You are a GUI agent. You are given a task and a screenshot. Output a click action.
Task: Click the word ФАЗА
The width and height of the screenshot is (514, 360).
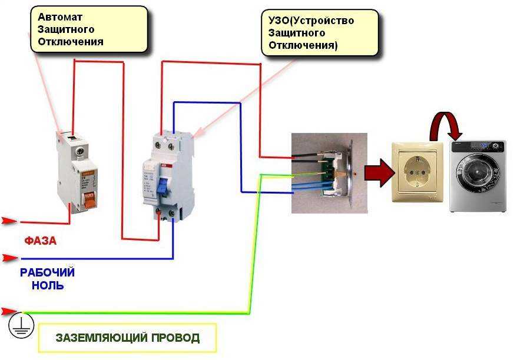pos(41,241)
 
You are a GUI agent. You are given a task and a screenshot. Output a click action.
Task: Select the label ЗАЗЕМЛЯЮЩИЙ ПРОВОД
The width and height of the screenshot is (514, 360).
pos(128,338)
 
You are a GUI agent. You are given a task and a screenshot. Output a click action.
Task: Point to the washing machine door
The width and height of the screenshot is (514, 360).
pos(475,175)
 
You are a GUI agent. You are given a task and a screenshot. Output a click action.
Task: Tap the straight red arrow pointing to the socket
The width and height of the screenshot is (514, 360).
pos(376,174)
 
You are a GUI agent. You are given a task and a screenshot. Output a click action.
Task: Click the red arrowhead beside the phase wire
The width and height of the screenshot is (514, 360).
pos(8,221)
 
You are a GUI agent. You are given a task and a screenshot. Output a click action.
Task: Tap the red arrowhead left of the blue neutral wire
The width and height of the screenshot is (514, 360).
pos(8,258)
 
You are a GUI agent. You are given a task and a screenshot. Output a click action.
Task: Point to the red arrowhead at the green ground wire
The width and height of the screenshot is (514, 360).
pos(8,311)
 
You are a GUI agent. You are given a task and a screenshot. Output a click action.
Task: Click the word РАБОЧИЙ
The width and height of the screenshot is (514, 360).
pos(47,273)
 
